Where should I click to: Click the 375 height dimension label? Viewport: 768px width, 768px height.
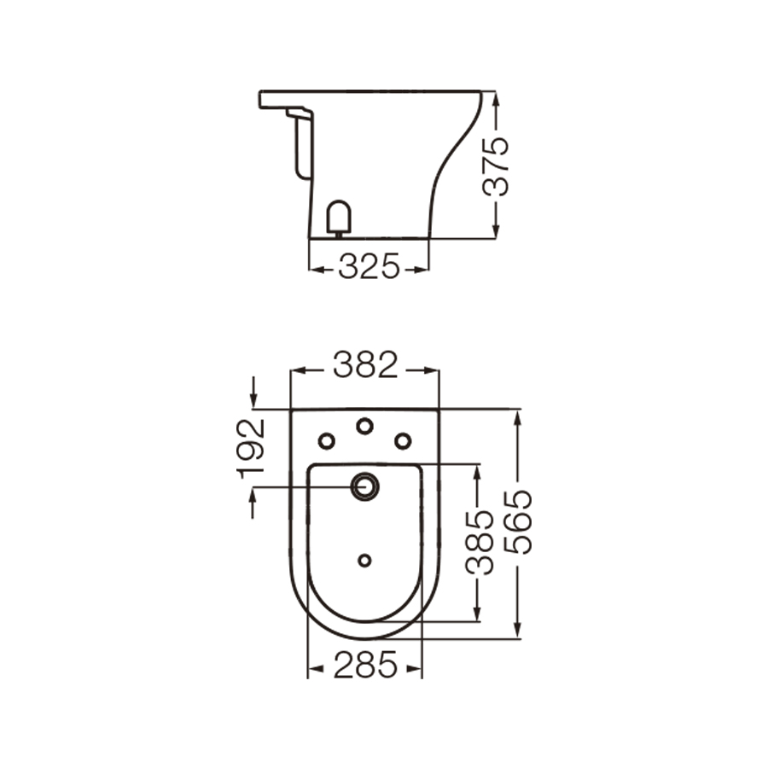click(x=497, y=166)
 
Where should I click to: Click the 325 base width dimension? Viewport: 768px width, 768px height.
click(x=369, y=268)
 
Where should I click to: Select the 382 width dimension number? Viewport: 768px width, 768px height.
click(x=365, y=367)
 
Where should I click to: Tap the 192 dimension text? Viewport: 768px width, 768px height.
click(x=253, y=445)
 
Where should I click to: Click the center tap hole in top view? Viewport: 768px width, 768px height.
click(x=365, y=425)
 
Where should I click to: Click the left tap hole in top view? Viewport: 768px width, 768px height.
click(x=327, y=440)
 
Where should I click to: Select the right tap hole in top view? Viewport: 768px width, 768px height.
click(x=403, y=440)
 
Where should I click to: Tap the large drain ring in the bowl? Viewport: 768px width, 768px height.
click(x=365, y=486)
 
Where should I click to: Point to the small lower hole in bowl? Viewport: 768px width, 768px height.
click(x=365, y=560)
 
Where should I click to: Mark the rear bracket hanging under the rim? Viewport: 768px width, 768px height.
click(x=300, y=141)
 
